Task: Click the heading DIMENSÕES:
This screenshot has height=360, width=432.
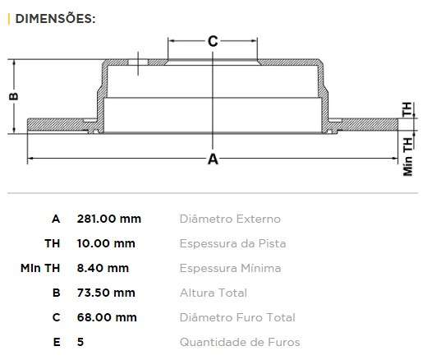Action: click(x=55, y=19)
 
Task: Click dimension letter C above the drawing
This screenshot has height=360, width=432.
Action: click(x=213, y=42)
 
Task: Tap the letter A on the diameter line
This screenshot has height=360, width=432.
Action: click(x=213, y=159)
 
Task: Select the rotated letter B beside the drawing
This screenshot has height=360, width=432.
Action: click(x=14, y=96)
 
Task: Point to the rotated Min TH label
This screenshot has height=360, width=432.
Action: click(x=408, y=156)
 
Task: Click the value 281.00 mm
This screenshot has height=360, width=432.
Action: click(x=109, y=219)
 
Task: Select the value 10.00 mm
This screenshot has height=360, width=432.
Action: click(x=106, y=243)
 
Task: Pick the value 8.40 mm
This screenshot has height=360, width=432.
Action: click(x=103, y=268)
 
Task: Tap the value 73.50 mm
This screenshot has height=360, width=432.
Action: click(x=106, y=293)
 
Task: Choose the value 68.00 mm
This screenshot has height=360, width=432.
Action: click(x=107, y=317)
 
